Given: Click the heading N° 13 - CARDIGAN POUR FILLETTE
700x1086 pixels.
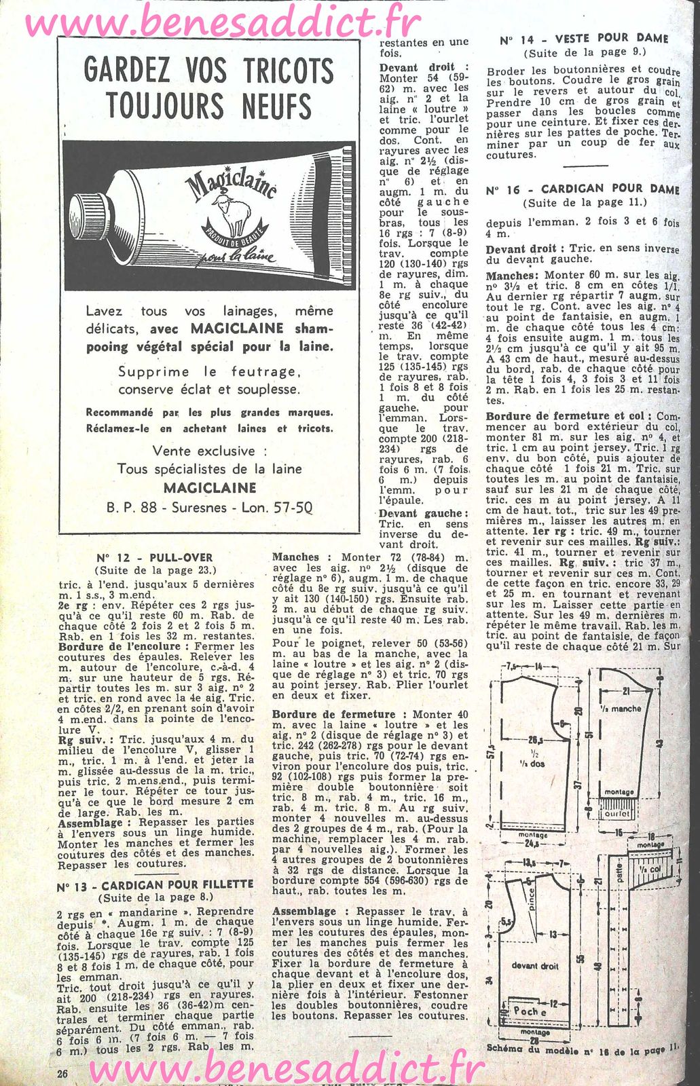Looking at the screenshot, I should pyautogui.click(x=155, y=885).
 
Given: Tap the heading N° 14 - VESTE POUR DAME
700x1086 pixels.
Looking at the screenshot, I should pyautogui.click(x=584, y=39).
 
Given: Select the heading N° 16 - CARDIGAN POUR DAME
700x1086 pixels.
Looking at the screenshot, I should pyautogui.click(x=583, y=189).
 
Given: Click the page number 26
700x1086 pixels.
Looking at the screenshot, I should pyautogui.click(x=63, y=1073).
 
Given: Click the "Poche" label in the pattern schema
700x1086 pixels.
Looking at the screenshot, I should pyautogui.click(x=530, y=1011).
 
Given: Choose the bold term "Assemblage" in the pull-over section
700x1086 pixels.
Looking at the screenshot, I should pyautogui.click(x=90, y=823).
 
